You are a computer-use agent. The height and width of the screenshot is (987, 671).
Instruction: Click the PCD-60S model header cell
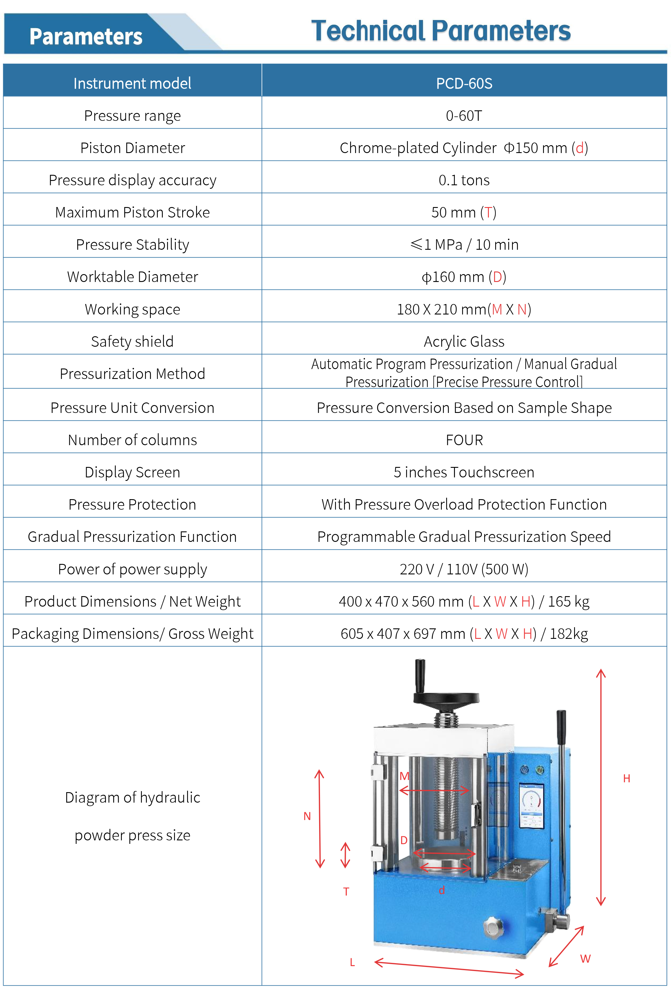click(464, 83)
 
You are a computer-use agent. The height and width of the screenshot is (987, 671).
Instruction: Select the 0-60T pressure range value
click(464, 116)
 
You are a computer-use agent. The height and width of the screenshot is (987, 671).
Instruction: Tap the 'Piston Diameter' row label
click(132, 148)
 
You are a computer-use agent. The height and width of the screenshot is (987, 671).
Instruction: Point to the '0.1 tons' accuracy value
click(464, 180)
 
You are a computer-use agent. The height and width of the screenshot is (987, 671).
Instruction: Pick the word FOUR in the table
click(464, 440)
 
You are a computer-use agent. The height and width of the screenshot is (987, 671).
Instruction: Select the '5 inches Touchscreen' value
click(464, 472)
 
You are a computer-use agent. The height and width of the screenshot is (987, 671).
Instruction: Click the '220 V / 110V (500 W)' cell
click(464, 569)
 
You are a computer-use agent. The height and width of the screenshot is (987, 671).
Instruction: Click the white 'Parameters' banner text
click(86, 37)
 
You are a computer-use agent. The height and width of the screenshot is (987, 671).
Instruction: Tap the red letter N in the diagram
click(307, 816)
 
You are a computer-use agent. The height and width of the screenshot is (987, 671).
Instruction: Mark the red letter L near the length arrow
click(352, 962)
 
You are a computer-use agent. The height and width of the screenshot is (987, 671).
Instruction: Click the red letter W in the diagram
click(585, 959)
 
